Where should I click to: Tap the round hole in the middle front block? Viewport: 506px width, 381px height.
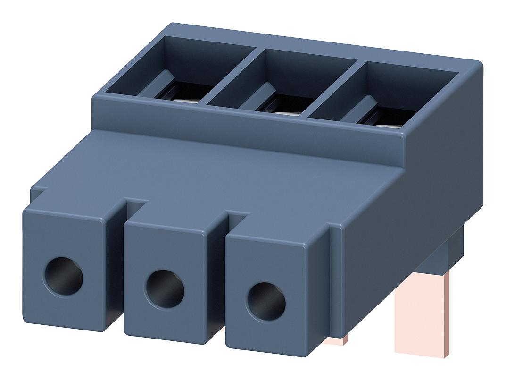pyautogui.click(x=165, y=288)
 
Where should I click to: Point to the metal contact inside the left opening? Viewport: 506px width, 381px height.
pyautogui.click(x=182, y=95)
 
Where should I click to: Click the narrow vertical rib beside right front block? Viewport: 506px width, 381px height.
pyautogui.click(x=333, y=283)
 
